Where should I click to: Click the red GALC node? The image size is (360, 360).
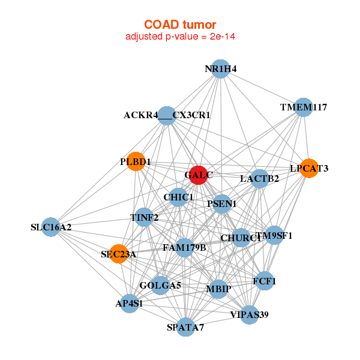tap(197, 175)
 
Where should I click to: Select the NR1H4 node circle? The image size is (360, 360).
tap(221, 69)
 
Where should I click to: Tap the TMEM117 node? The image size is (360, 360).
tap(304, 107)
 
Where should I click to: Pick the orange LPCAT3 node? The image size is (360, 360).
tap(308, 169)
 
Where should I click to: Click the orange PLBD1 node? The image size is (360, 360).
tap(136, 162)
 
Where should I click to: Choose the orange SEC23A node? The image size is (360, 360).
tap(119, 254)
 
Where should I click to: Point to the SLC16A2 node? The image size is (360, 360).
tap(51, 227)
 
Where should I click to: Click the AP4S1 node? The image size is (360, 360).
tap(128, 303)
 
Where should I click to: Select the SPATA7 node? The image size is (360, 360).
tap(186, 327)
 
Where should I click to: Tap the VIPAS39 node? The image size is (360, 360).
tap(250, 314)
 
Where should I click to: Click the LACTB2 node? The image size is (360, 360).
tap(259, 178)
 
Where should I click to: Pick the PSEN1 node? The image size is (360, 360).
tap(222, 204)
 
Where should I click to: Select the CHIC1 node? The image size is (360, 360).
tap(178, 197)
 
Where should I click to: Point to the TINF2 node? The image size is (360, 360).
tap(144, 217)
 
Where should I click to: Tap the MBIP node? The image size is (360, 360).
tap(218, 290)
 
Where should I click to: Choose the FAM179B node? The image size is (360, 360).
tap(184, 247)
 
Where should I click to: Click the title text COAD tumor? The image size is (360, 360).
tap(180, 25)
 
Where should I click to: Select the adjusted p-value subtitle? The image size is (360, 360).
tap(180, 37)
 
